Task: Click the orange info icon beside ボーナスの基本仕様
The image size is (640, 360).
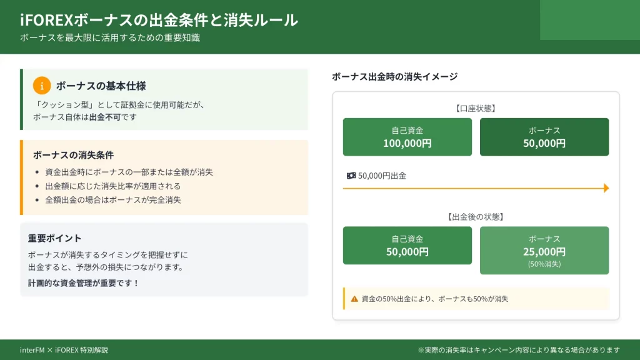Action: tap(42, 86)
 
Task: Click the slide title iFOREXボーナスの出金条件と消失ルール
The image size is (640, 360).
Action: tap(159, 20)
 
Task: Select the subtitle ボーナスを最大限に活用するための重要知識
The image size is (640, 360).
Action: tap(110, 37)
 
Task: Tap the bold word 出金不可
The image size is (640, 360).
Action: tap(105, 117)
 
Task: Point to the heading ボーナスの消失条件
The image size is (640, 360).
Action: tap(74, 155)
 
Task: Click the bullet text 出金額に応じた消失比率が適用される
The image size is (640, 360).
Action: tap(112, 186)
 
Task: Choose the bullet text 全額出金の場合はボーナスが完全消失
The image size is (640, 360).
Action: tap(112, 200)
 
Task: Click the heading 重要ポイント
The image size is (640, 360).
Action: tap(55, 238)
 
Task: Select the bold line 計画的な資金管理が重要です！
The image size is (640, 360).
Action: tap(84, 283)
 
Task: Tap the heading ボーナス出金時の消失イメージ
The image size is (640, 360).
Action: tap(395, 76)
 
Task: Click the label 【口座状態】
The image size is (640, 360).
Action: tap(476, 108)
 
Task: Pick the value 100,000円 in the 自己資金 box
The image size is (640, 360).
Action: tap(407, 143)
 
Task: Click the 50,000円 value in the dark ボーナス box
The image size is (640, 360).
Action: tap(544, 143)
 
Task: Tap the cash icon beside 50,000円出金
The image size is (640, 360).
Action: tap(351, 176)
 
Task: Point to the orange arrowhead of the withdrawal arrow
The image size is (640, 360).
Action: tap(606, 187)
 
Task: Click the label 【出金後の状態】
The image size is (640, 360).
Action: tap(476, 217)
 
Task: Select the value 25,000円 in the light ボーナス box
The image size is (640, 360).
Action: tap(544, 252)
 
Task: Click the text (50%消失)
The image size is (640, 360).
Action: tap(544, 264)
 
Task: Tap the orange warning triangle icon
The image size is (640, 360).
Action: tap(354, 299)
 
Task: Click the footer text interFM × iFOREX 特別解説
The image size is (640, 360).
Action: tap(64, 350)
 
